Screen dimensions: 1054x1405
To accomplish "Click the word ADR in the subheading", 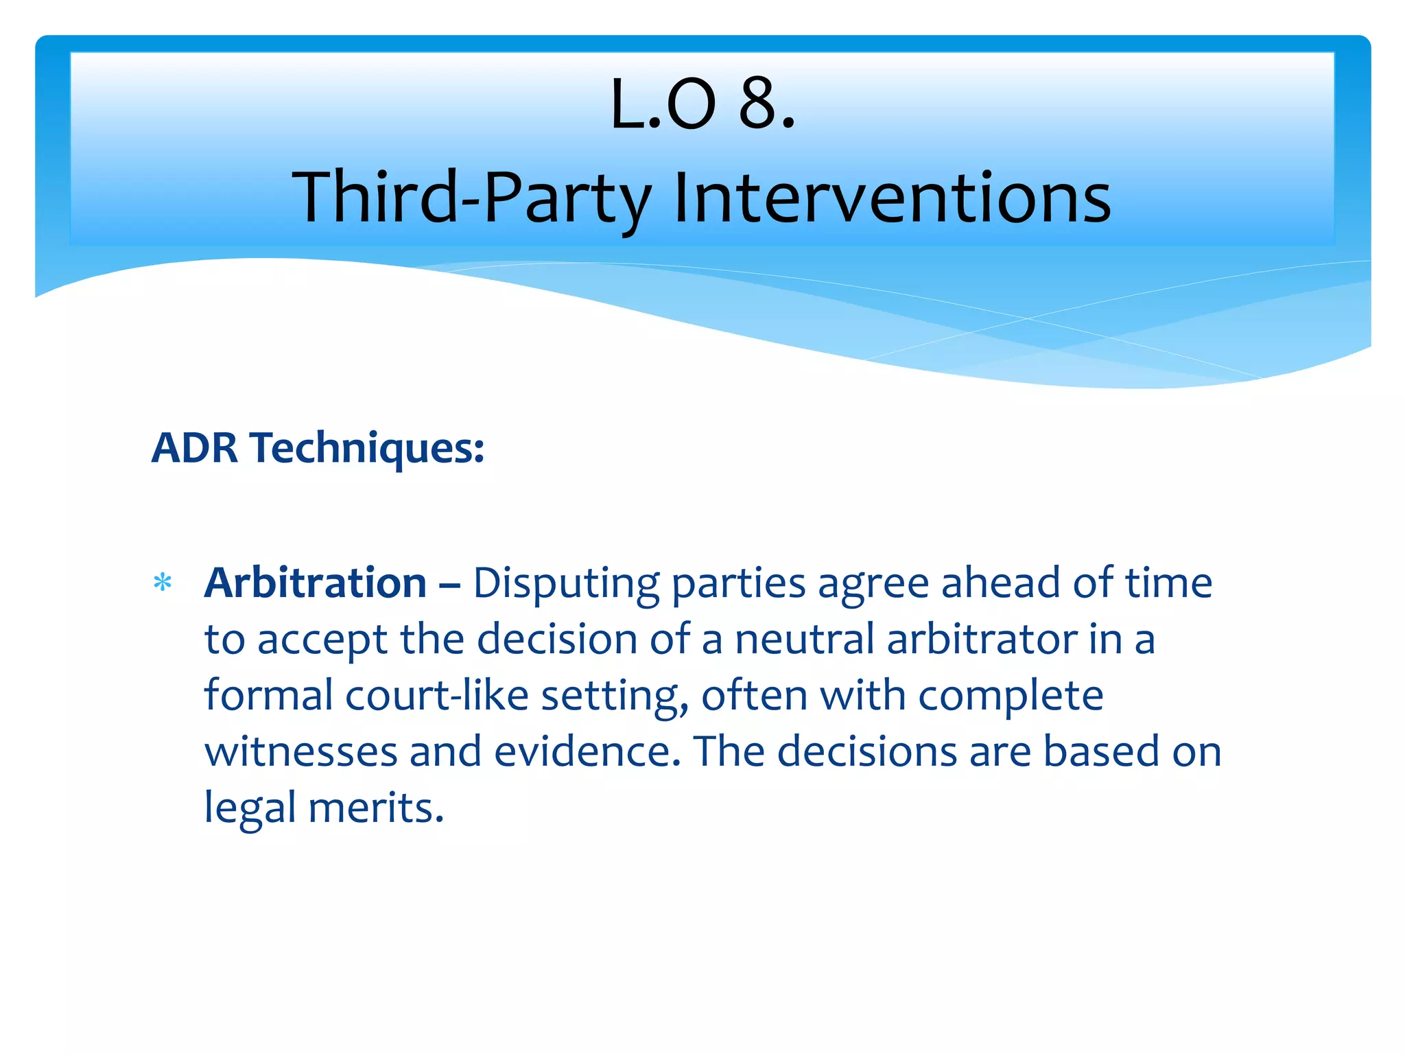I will (195, 448).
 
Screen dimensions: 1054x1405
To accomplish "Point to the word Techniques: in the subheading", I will (368, 449).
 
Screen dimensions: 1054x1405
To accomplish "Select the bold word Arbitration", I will (316, 583).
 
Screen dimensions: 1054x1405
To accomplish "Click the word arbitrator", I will (982, 640).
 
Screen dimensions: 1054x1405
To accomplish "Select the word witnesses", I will (300, 751).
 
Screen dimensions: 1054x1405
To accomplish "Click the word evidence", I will (587, 751).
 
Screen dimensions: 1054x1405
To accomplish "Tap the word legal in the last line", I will (250, 808).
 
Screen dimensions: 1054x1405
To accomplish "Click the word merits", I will (375, 808).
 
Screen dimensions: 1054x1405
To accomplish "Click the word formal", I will (268, 696).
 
